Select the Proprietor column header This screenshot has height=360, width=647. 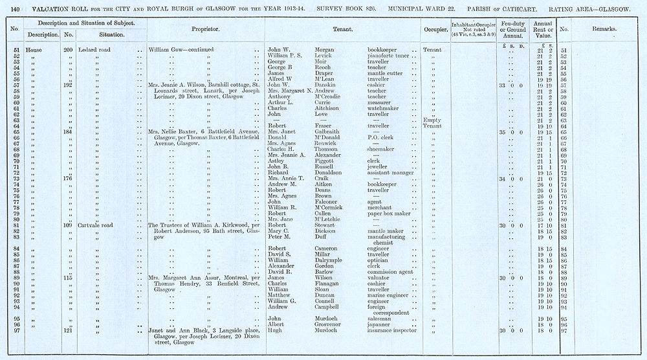click(206, 30)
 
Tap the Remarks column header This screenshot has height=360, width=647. click(604, 30)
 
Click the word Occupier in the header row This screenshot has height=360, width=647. click(435, 30)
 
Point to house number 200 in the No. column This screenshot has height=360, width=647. click(69, 50)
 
